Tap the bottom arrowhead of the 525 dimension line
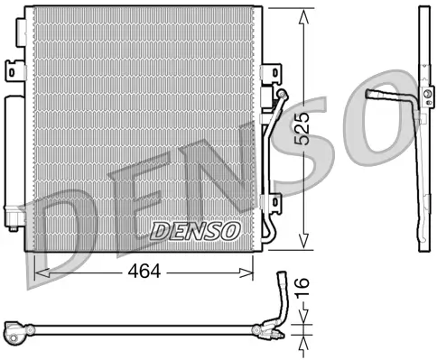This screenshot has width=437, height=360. (307, 245)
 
